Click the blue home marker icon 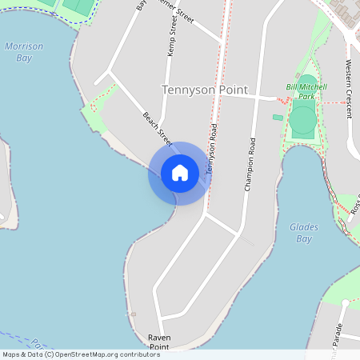pyautogui.click(x=180, y=173)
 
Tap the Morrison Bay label pyautogui.click(x=24, y=52)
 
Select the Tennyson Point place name pyautogui.click(x=205, y=90)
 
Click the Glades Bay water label pyautogui.click(x=304, y=233)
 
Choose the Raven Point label pyautogui.click(x=159, y=342)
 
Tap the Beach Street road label pyautogui.click(x=158, y=126)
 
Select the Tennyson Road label pyautogui.click(x=212, y=150)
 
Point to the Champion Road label pyautogui.click(x=250, y=164)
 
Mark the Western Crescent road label pyautogui.click(x=349, y=88)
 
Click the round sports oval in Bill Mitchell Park pyautogui.click(x=302, y=120)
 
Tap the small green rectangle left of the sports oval pyautogui.click(x=278, y=118)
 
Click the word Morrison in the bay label pyautogui.click(x=24, y=46)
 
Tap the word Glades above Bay pyautogui.click(x=304, y=227)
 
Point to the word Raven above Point pyautogui.click(x=159, y=338)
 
